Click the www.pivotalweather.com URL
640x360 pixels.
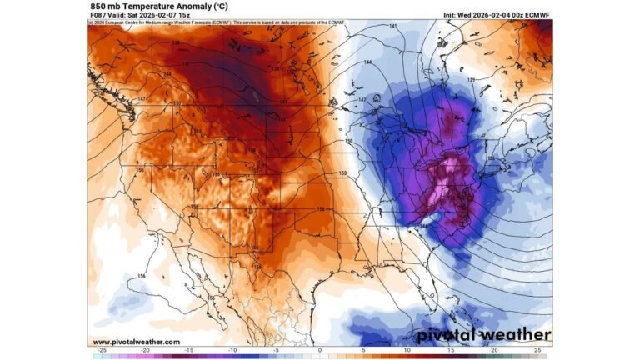click(x=136, y=342)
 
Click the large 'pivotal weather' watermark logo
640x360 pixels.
click(x=483, y=335)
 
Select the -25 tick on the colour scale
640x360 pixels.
click(x=102, y=350)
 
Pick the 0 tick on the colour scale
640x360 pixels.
click(x=320, y=350)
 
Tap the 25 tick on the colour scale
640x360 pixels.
click(x=538, y=350)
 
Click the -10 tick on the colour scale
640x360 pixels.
click(x=232, y=350)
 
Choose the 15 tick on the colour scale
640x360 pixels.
click(x=451, y=350)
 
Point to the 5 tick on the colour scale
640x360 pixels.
click(x=363, y=350)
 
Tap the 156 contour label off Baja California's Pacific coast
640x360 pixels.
click(x=142, y=277)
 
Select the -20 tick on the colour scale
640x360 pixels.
click(x=145, y=350)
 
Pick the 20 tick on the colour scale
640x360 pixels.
click(x=494, y=350)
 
